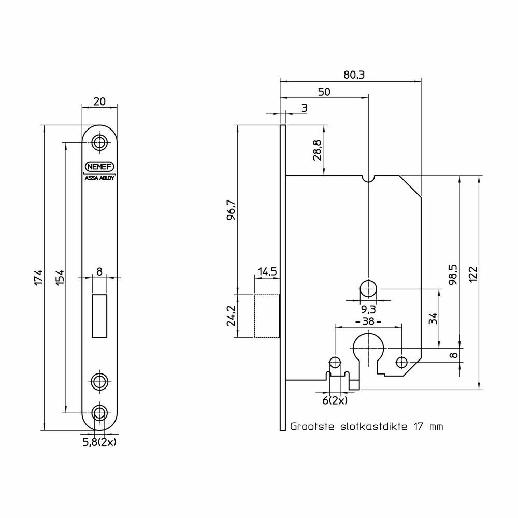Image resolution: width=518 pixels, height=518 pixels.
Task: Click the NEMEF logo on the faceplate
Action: pyautogui.click(x=99, y=167)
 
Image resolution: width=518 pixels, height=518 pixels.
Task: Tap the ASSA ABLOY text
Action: pyautogui.click(x=99, y=178)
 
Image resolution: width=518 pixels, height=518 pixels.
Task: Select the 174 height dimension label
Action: pyautogui.click(x=39, y=278)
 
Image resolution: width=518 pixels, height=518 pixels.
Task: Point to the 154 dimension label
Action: pyautogui.click(x=60, y=278)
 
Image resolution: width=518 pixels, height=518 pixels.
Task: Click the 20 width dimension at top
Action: pyautogui.click(x=99, y=102)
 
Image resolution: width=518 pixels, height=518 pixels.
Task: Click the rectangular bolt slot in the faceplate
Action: pyautogui.click(x=99, y=316)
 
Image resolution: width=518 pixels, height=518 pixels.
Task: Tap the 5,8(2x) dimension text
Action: pyautogui.click(x=99, y=442)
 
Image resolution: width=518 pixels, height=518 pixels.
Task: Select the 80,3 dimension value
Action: pyautogui.click(x=354, y=75)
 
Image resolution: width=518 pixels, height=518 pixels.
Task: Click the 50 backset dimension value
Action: pyautogui.click(x=324, y=92)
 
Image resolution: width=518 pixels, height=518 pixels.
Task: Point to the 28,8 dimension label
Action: pyautogui.click(x=317, y=150)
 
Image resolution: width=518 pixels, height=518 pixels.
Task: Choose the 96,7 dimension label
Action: pyautogui.click(x=231, y=210)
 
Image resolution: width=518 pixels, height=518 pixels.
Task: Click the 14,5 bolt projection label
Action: pyautogui.click(x=267, y=272)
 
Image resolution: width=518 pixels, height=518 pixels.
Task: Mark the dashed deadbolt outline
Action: pyautogui.click(x=267, y=316)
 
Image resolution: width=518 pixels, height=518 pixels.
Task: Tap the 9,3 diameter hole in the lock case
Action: pyautogui.click(x=368, y=289)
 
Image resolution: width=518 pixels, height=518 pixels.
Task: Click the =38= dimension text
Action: pyautogui.click(x=368, y=321)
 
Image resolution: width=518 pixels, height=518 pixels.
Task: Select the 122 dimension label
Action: pyautogui.click(x=473, y=275)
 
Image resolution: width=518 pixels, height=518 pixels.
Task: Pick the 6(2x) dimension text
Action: pyautogui.click(x=335, y=401)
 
